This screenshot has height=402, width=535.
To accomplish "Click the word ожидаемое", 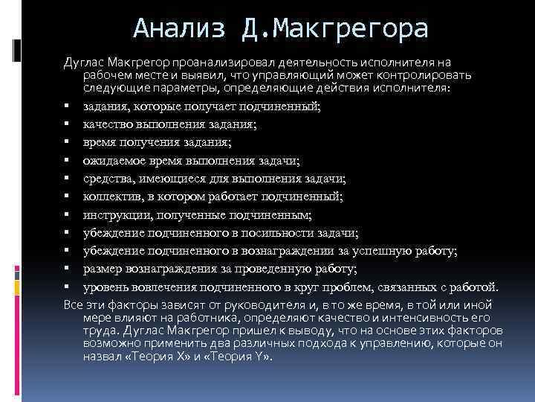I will tap(116, 161).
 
